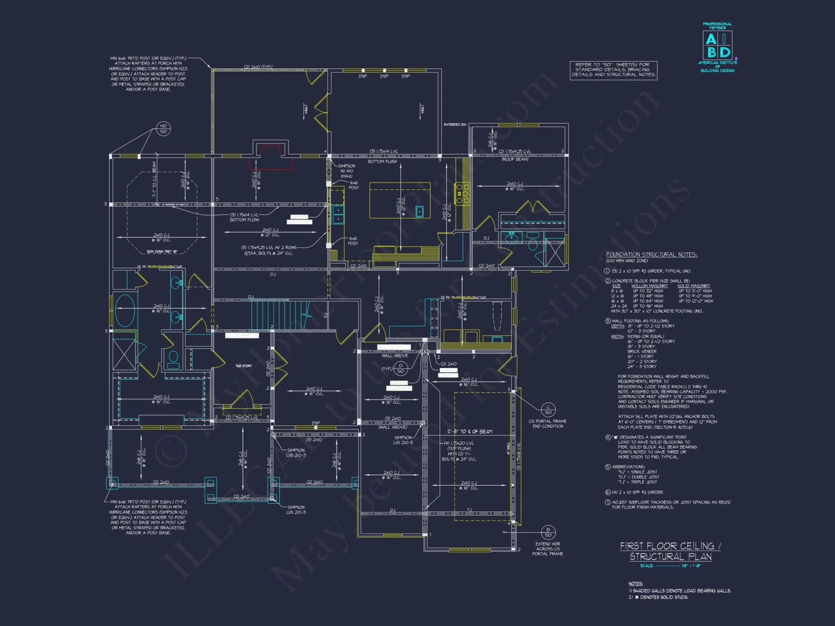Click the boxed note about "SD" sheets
pos(613,70)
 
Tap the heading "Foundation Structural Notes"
pos(651,254)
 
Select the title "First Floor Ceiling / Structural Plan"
pos(671,551)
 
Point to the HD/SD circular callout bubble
pos(163,129)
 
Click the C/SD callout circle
pos(548,410)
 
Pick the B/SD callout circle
pos(548,532)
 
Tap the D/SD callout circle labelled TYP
pos(400,369)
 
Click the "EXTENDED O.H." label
pos(455,124)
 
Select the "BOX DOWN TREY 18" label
pos(162,252)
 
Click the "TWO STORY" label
pos(244,366)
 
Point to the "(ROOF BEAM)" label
pos(515,159)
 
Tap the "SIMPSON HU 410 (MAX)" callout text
pos(347,171)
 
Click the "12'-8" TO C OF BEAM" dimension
pos(470,432)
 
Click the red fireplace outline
pos(271,158)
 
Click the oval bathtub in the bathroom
pos(125,311)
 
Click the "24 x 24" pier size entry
pos(619,306)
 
